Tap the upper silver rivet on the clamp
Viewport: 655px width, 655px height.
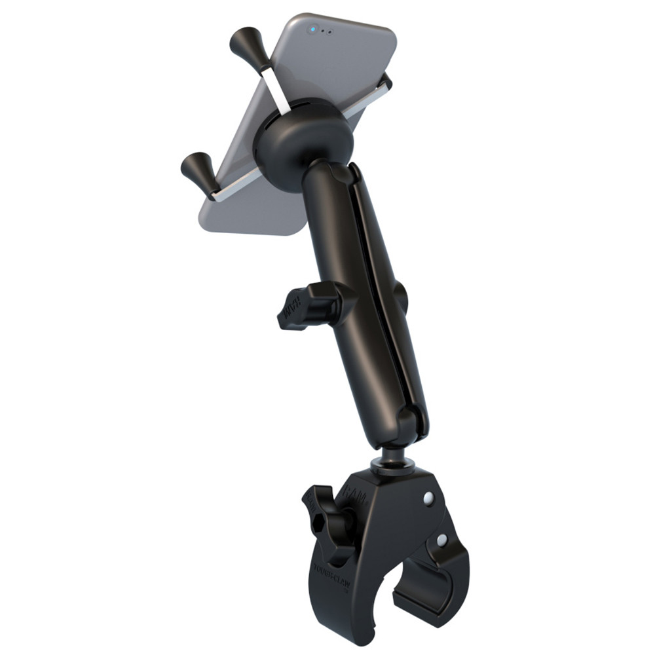pyautogui.click(x=428, y=498)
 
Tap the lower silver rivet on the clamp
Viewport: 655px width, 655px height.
pyautogui.click(x=442, y=540)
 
